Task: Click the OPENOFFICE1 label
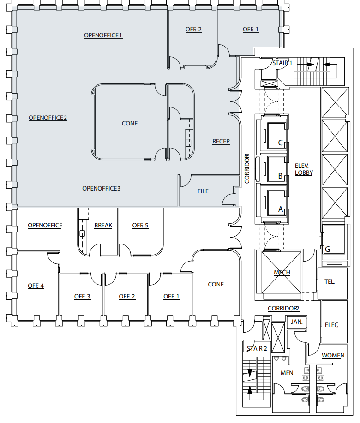(x=103, y=35)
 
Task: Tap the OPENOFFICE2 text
(x=48, y=118)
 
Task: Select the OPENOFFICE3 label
(x=102, y=188)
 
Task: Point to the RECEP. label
(x=221, y=141)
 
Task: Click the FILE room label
(x=203, y=191)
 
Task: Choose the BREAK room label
(x=103, y=226)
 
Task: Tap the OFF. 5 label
(x=140, y=226)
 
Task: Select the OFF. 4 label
(x=36, y=286)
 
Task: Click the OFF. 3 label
(x=82, y=296)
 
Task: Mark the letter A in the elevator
(x=280, y=209)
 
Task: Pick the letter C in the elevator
(x=280, y=143)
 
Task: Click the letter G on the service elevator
(x=327, y=249)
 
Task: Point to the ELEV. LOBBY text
(x=304, y=169)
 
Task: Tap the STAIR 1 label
(x=282, y=63)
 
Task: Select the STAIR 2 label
(x=257, y=348)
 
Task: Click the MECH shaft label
(x=282, y=272)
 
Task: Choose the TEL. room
(x=330, y=281)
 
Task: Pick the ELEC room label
(x=332, y=325)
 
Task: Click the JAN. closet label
(x=297, y=322)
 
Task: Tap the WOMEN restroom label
(x=333, y=355)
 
